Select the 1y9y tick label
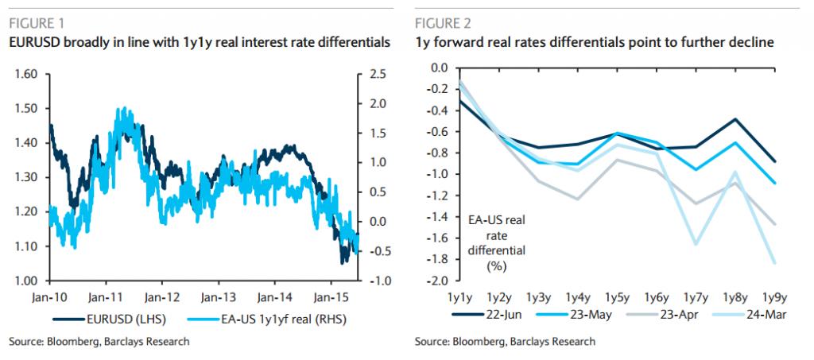point(774,298)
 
